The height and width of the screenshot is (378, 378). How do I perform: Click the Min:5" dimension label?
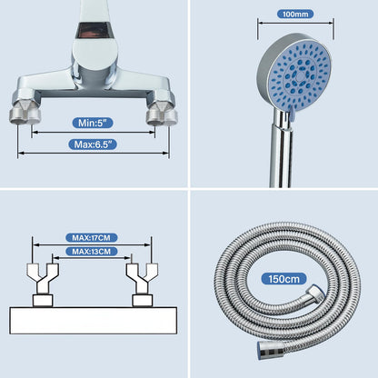click(x=93, y=123)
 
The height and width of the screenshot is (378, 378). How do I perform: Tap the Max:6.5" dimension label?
click(x=93, y=144)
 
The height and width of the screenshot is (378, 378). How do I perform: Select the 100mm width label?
click(x=295, y=14)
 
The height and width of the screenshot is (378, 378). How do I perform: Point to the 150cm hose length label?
click(x=283, y=279)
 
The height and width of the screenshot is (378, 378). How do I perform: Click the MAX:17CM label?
click(x=91, y=238)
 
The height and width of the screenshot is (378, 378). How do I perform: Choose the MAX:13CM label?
click(x=91, y=252)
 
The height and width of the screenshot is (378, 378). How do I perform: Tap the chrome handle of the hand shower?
click(x=282, y=148)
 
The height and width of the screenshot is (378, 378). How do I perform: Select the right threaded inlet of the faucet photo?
click(x=162, y=114)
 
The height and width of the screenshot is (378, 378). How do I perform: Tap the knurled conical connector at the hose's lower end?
click(x=271, y=351)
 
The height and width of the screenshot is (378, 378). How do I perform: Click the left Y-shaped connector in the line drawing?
click(x=43, y=279)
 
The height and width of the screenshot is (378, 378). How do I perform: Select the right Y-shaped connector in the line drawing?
click(x=142, y=279)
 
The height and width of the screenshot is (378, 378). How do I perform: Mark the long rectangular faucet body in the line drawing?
click(x=94, y=321)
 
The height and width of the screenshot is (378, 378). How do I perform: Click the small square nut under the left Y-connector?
click(x=43, y=301)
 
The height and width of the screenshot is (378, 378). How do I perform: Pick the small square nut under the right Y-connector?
click(x=142, y=301)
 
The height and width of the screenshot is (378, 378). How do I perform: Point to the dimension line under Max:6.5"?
click(x=94, y=154)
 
